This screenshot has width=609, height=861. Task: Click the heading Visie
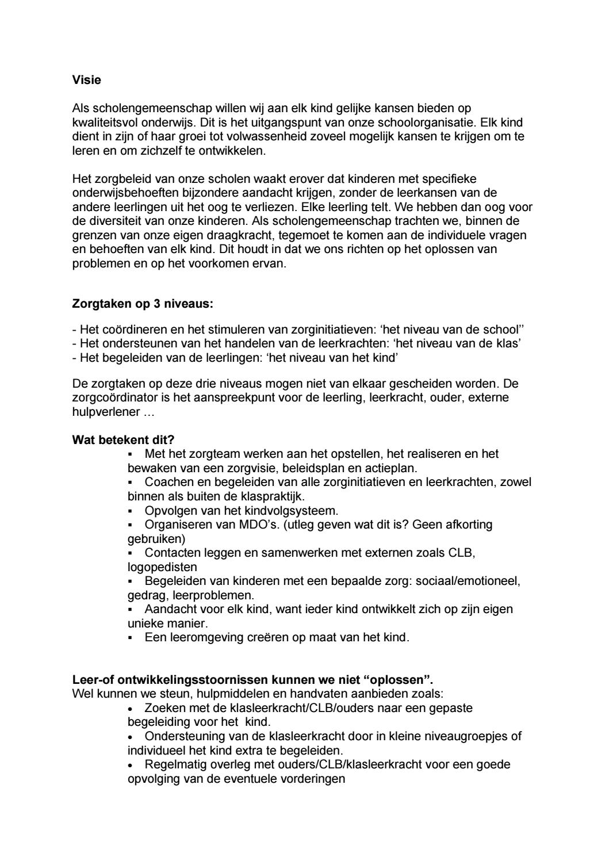click(x=86, y=80)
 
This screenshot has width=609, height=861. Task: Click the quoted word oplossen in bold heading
click(x=397, y=679)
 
